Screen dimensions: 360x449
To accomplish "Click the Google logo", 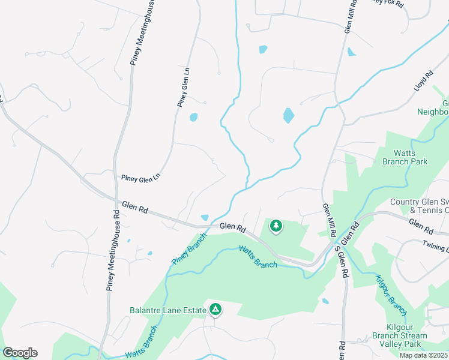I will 20,353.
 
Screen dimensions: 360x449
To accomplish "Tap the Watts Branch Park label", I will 406,157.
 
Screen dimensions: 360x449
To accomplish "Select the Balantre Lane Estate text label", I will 168,310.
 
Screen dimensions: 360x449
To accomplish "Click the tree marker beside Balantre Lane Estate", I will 215,310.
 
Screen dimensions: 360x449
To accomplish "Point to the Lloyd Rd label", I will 423,82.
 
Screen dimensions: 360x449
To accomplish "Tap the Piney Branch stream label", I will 188,248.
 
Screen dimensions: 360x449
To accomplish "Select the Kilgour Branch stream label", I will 391,295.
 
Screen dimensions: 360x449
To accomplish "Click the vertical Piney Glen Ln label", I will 184,88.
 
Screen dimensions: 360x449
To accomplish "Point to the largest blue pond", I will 289,115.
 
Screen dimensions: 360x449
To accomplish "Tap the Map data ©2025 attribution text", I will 423,355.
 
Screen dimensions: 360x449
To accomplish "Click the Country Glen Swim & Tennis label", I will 419,206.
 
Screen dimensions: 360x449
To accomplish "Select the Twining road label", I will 435,247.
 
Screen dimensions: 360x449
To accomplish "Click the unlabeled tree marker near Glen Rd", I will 276,226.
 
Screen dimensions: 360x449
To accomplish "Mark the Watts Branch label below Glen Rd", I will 258,256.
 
